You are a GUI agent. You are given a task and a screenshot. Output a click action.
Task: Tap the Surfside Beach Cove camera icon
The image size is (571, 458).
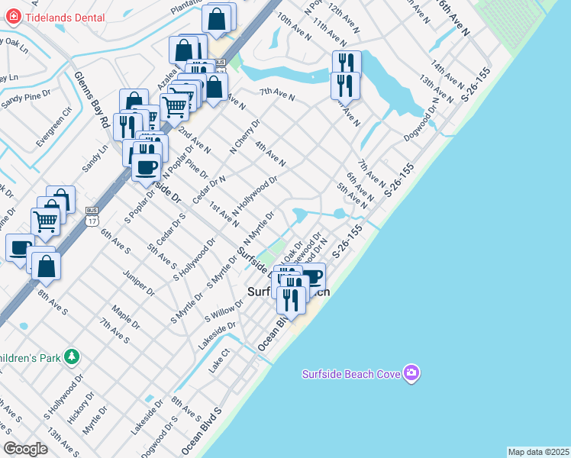tap(412, 373)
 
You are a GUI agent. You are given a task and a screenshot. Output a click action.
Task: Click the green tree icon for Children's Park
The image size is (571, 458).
tap(71, 356)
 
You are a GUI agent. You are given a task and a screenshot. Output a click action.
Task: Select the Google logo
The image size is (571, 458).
tap(25, 448)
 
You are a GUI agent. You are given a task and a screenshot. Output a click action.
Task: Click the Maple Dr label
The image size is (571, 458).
tap(123, 314)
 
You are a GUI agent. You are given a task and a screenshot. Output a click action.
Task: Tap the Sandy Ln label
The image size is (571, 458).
tap(96, 156)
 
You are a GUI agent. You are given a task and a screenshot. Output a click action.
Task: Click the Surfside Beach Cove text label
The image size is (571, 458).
tap(351, 374)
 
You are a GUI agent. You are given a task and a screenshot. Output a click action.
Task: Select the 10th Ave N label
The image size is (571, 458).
tap(294, 26)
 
